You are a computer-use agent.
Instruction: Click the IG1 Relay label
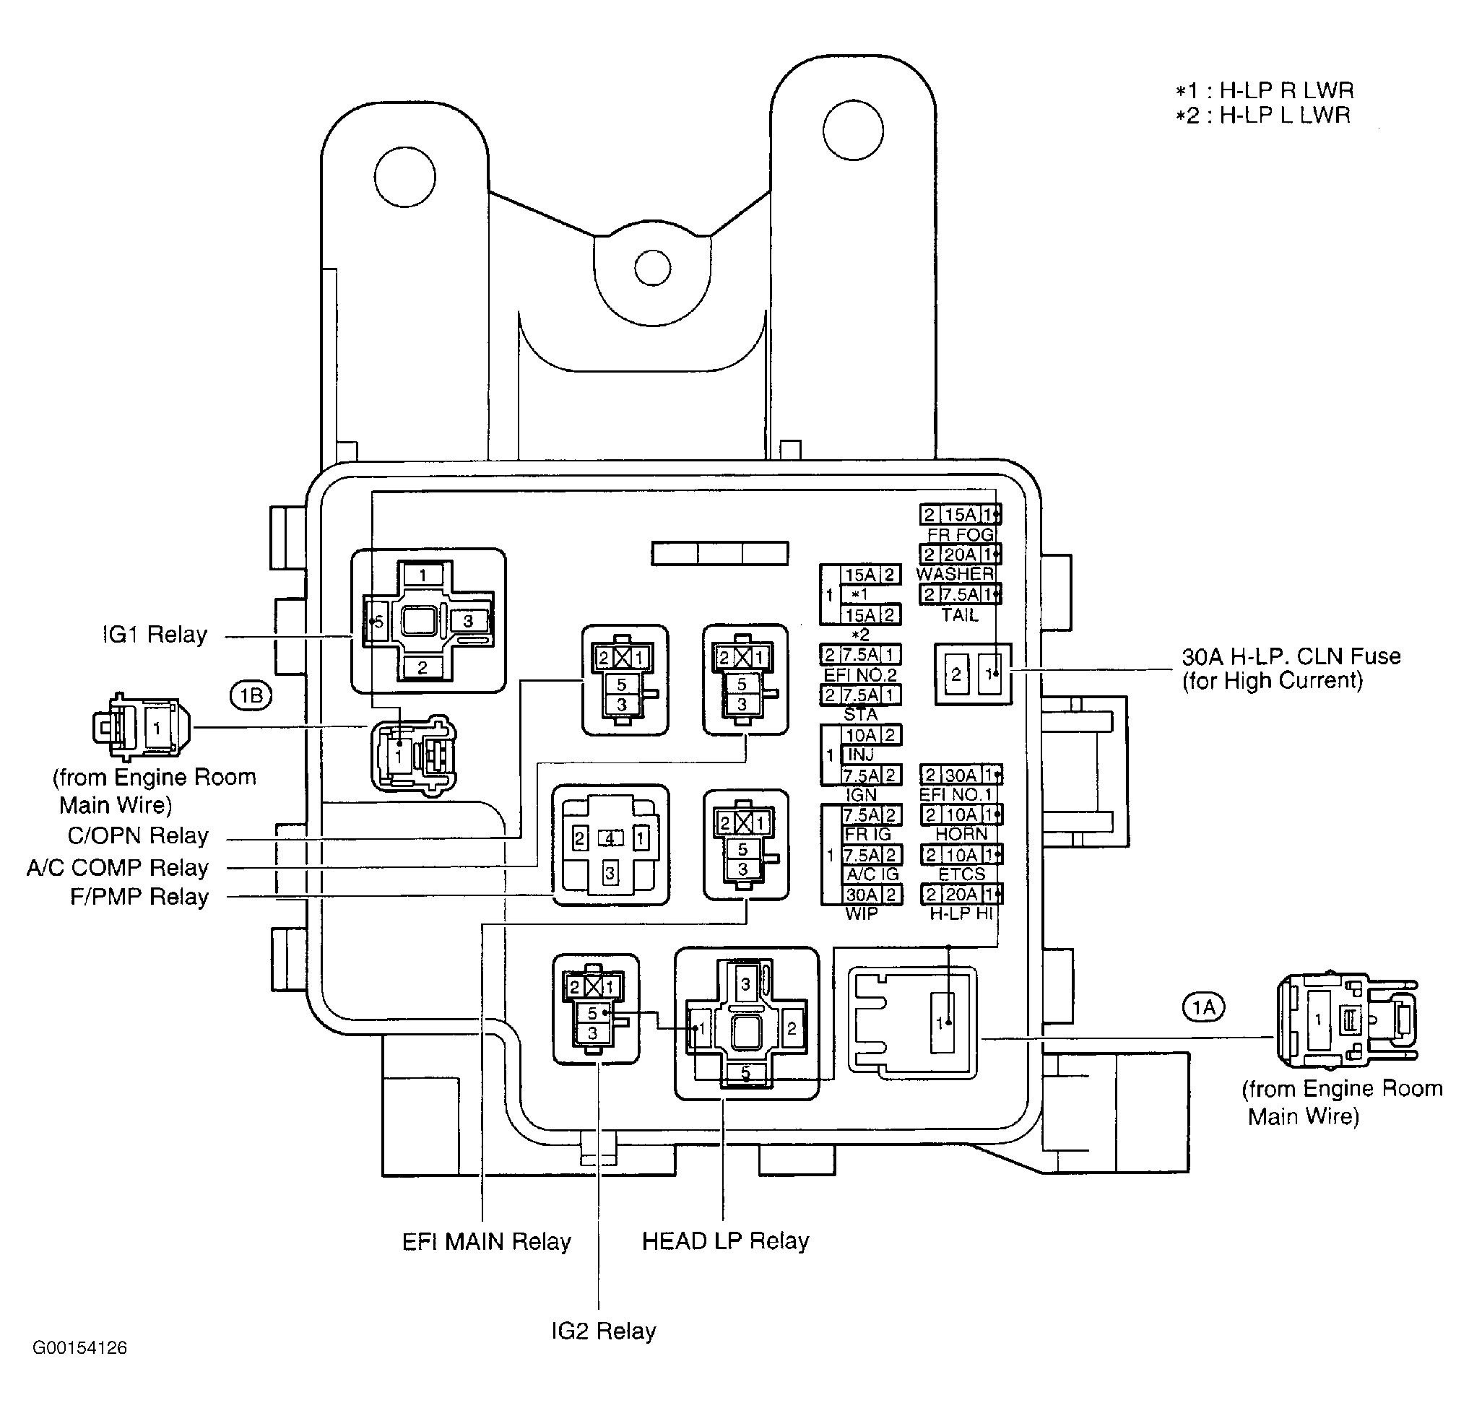155,635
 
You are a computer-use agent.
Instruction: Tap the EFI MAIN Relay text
487,1242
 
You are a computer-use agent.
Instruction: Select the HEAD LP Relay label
726,1241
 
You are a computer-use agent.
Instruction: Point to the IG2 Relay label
603,1331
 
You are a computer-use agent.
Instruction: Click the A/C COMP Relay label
118,868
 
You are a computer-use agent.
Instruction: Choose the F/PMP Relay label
139,897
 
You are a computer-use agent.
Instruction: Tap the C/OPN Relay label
138,835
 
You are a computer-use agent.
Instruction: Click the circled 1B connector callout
251,696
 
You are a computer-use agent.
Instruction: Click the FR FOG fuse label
960,534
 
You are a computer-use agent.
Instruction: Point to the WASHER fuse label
955,574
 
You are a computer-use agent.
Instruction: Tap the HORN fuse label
961,834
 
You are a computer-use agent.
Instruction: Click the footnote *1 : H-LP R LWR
1265,91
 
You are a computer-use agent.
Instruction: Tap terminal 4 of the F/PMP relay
610,838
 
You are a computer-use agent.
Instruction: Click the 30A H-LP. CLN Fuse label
1291,656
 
